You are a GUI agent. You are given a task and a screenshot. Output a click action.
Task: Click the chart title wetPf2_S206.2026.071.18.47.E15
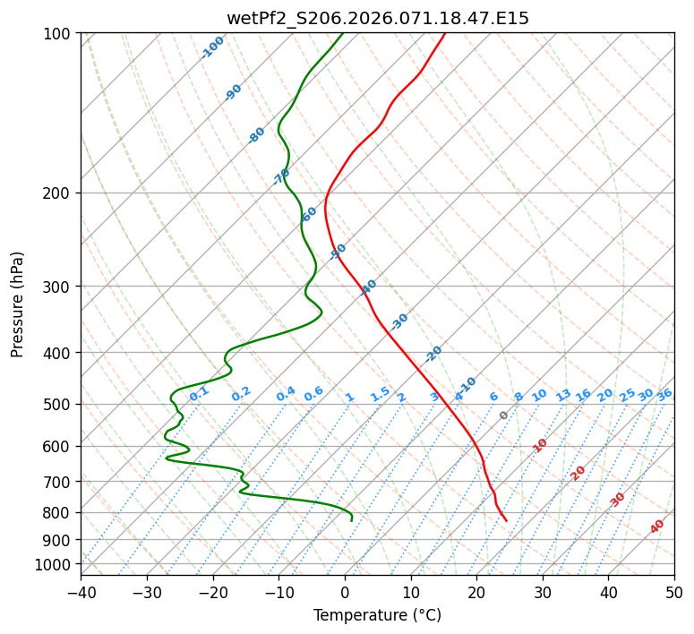(x=377, y=18)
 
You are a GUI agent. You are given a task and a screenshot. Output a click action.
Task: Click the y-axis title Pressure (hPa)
(x=18, y=304)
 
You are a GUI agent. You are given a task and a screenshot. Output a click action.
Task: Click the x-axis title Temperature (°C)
(x=377, y=616)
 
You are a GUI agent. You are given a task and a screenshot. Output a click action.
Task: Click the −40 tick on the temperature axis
(x=81, y=592)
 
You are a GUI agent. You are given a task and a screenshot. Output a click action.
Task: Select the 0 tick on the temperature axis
(x=345, y=592)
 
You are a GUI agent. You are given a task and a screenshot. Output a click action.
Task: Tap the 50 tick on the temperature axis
(x=674, y=592)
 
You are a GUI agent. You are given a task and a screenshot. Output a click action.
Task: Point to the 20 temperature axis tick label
(x=476, y=592)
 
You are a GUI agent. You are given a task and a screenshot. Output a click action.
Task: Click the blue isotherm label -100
(x=212, y=47)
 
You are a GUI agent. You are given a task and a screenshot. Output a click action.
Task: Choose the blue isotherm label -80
(x=257, y=135)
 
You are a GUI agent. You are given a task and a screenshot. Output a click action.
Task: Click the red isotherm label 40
(x=657, y=527)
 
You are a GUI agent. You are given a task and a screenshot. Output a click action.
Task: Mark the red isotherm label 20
(x=578, y=473)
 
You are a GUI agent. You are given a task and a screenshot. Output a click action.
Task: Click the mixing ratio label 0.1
(x=199, y=393)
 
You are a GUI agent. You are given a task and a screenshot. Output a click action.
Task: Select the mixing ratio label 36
(x=664, y=395)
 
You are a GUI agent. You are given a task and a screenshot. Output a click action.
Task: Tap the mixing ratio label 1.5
(x=380, y=394)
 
